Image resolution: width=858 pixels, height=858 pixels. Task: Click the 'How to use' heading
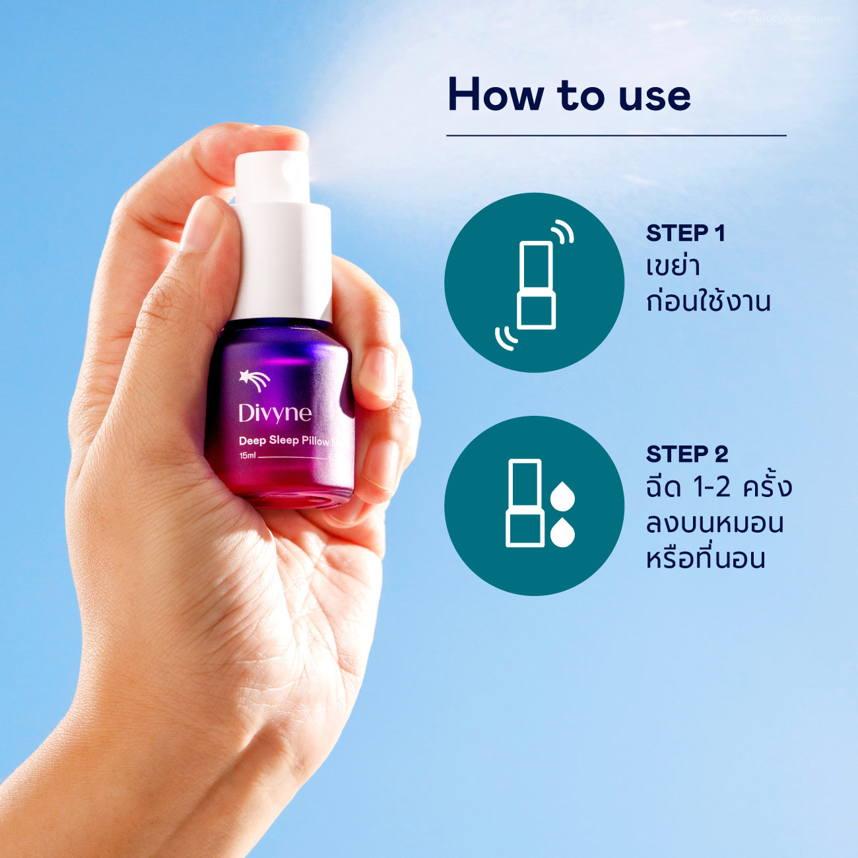point(569,94)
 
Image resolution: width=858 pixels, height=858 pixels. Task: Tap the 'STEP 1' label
point(685,233)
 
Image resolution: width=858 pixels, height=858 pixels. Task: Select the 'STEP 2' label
point(686,454)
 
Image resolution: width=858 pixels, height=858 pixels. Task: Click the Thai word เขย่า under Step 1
point(673,267)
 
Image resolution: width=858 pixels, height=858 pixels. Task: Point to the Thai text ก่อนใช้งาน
point(708,301)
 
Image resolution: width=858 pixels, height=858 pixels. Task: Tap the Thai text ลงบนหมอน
point(715,523)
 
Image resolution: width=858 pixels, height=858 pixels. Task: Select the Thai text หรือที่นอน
point(706,558)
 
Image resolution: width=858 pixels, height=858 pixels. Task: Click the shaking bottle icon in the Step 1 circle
point(535,284)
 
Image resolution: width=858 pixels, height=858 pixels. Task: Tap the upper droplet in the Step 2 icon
point(562,497)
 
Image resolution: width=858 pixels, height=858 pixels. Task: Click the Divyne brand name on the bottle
point(275,413)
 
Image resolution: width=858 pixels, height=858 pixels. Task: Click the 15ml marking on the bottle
point(247,456)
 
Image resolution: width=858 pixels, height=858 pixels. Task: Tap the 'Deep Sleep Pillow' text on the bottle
point(283,440)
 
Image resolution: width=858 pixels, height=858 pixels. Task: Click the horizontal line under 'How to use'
point(616,135)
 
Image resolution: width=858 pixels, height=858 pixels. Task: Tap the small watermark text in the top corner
point(785,18)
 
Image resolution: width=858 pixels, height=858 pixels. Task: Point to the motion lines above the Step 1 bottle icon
point(562,231)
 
